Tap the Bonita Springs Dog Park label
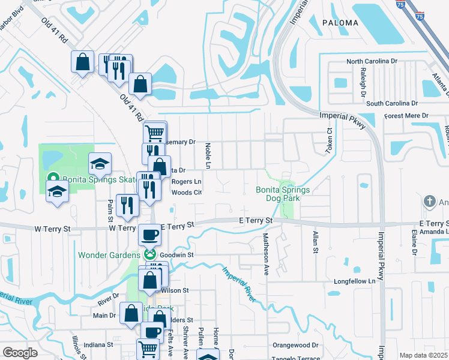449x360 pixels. [283, 194]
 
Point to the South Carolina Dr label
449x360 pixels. [392, 103]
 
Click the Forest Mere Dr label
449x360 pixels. [406, 115]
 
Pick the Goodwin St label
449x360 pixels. [177, 254]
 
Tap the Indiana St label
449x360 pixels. [98, 345]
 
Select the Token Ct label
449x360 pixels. [330, 140]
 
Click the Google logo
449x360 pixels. [20, 353]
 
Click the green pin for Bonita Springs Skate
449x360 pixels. [52, 178]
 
